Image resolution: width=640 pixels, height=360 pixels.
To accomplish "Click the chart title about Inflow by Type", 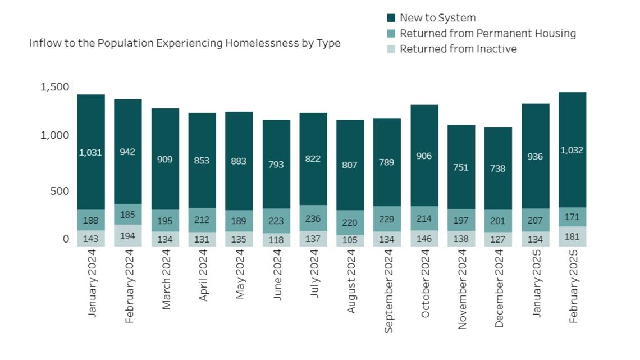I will tap(185, 43).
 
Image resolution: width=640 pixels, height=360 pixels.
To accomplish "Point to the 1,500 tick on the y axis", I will tap(54, 87).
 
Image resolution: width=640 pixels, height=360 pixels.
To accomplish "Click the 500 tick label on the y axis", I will tap(58, 191).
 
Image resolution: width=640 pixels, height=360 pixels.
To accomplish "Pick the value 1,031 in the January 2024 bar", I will tap(90, 152).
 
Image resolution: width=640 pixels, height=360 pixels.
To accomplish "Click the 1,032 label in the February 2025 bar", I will tap(572, 150).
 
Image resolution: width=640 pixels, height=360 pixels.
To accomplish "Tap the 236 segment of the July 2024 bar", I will tap(313, 218).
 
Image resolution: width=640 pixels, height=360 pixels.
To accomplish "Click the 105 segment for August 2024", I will tap(350, 240).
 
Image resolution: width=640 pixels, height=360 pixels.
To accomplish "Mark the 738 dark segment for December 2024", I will tap(498, 168).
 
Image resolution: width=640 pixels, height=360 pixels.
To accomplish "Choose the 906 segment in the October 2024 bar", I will tap(424, 156).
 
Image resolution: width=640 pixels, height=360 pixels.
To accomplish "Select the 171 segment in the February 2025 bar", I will tap(572, 217).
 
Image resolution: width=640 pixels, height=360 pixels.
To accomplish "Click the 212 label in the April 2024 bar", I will tap(202, 220).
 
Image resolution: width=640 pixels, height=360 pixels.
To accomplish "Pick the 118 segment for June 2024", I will tap(276, 240).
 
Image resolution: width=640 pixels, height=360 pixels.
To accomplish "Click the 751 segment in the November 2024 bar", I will tap(461, 167).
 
